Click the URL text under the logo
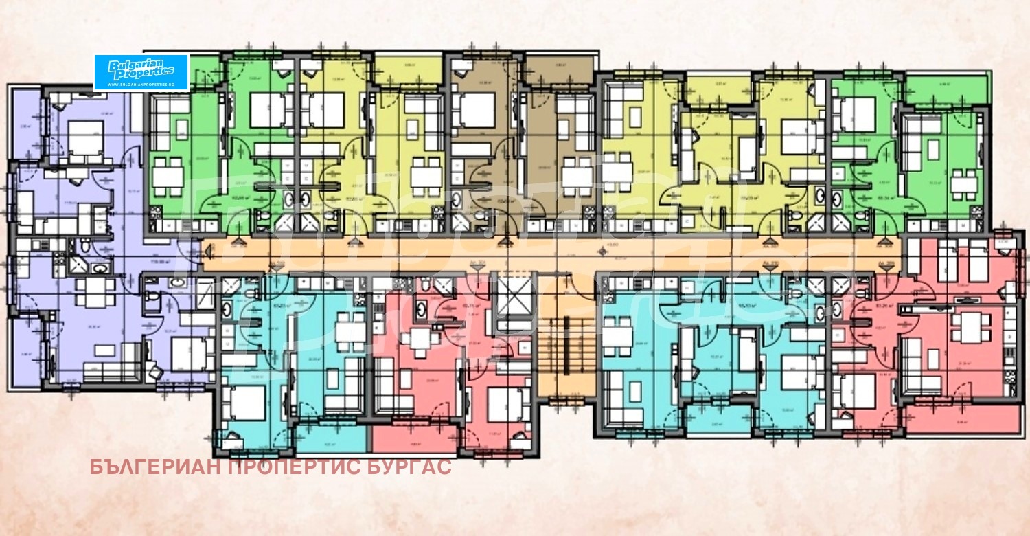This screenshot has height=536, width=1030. [x=141, y=84]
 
